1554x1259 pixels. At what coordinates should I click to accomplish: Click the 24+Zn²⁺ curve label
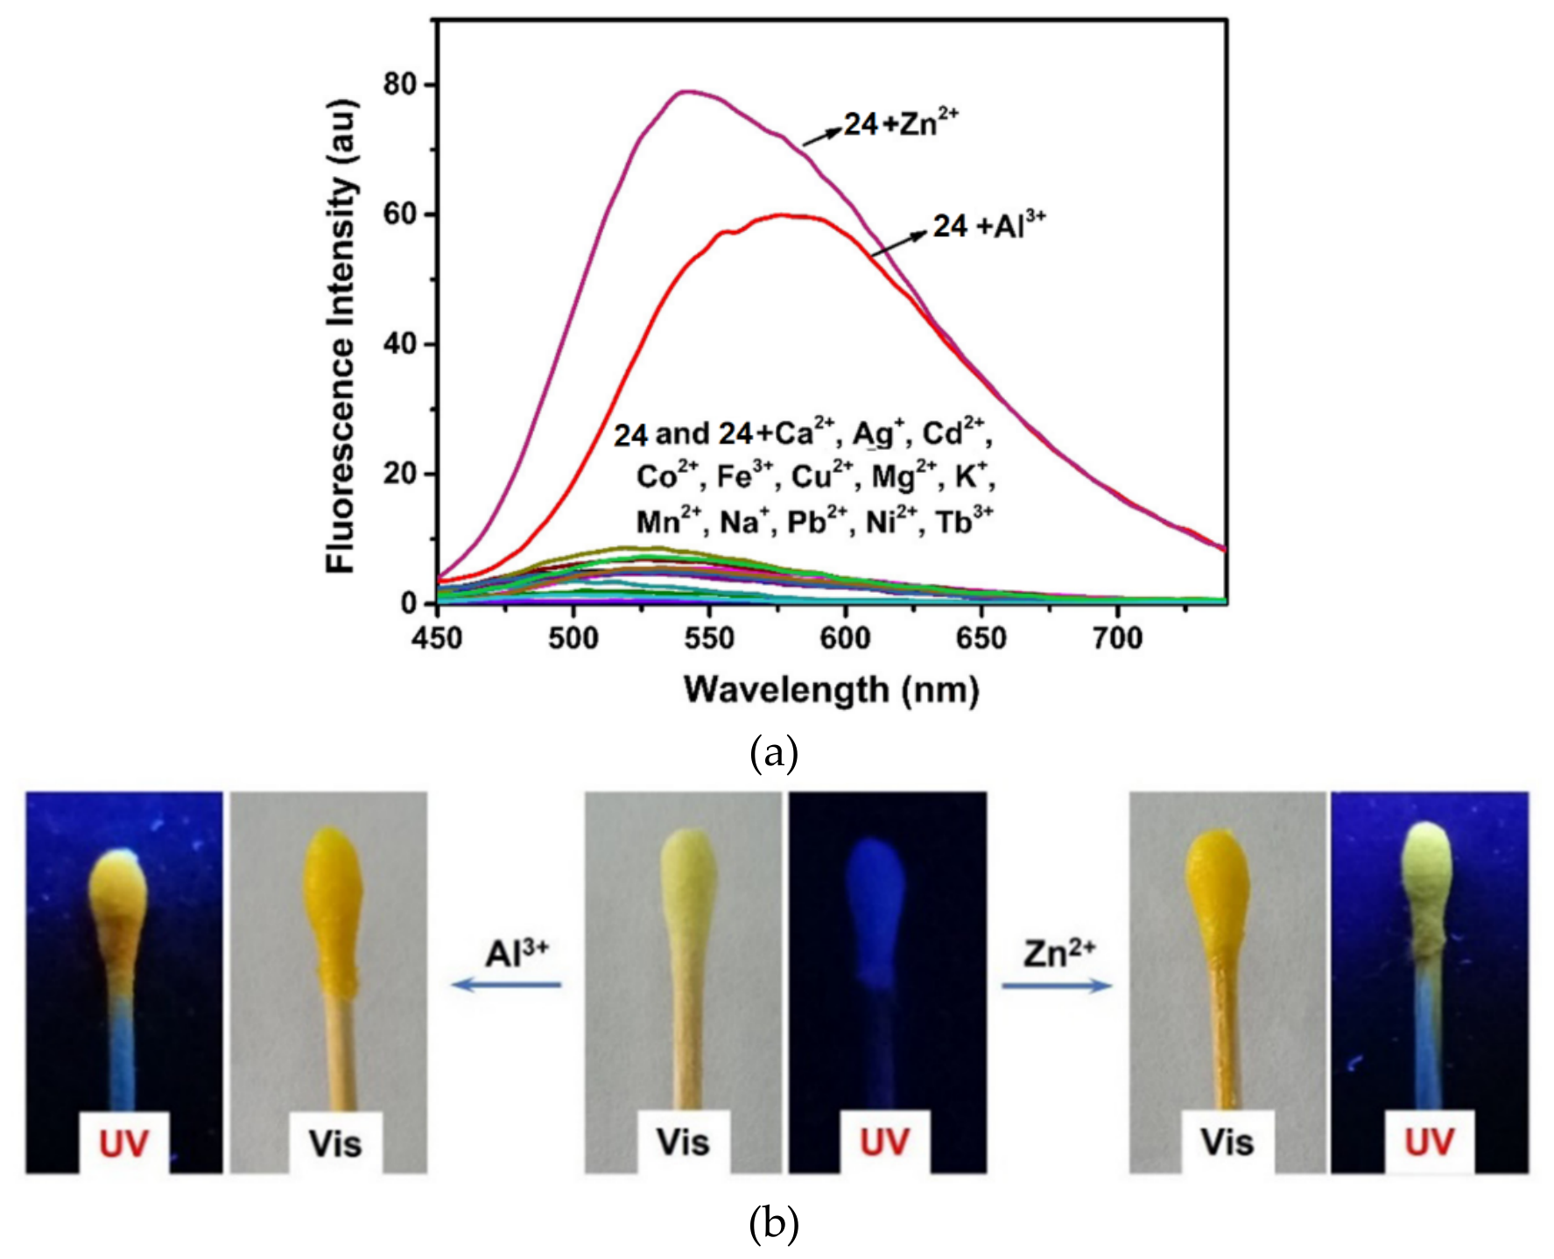tap(901, 123)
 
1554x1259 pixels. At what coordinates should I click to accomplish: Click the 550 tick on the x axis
tap(709, 637)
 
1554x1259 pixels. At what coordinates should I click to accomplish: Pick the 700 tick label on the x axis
tap(1117, 637)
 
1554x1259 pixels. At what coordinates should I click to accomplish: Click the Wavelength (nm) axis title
tap(832, 690)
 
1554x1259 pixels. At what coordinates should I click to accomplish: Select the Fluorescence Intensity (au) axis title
tap(341, 337)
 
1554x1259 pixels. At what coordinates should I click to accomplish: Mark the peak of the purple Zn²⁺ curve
tap(687, 91)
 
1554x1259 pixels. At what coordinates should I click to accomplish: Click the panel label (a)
tap(774, 753)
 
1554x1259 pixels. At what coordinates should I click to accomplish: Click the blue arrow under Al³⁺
tap(506, 985)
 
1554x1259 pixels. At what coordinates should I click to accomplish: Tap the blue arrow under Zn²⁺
tap(1057, 986)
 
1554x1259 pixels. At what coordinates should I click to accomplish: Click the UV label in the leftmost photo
tap(123, 1143)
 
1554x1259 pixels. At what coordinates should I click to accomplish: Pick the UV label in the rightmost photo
tap(1429, 1142)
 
